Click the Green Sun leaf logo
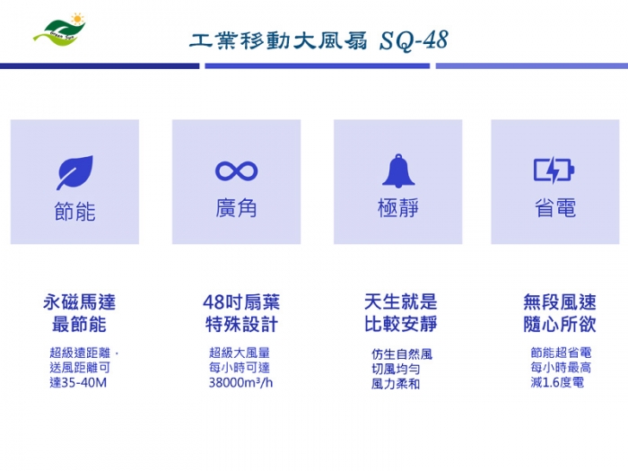[60, 30]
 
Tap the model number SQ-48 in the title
[414, 40]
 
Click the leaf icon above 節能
[74, 172]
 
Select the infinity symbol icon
[236, 171]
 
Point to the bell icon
[398, 170]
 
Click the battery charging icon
[554, 170]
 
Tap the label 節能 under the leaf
[74, 212]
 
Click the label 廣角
[236, 208]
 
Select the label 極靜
[398, 208]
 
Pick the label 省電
[555, 208]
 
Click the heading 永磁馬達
[79, 302]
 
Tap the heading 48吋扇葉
[241, 302]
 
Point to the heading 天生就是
[400, 301]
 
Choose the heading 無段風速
[560, 302]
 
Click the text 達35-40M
[78, 382]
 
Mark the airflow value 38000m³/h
[240, 382]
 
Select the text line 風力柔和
[396, 384]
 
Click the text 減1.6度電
[557, 382]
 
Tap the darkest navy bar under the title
[100, 66]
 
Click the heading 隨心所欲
[560, 324]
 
